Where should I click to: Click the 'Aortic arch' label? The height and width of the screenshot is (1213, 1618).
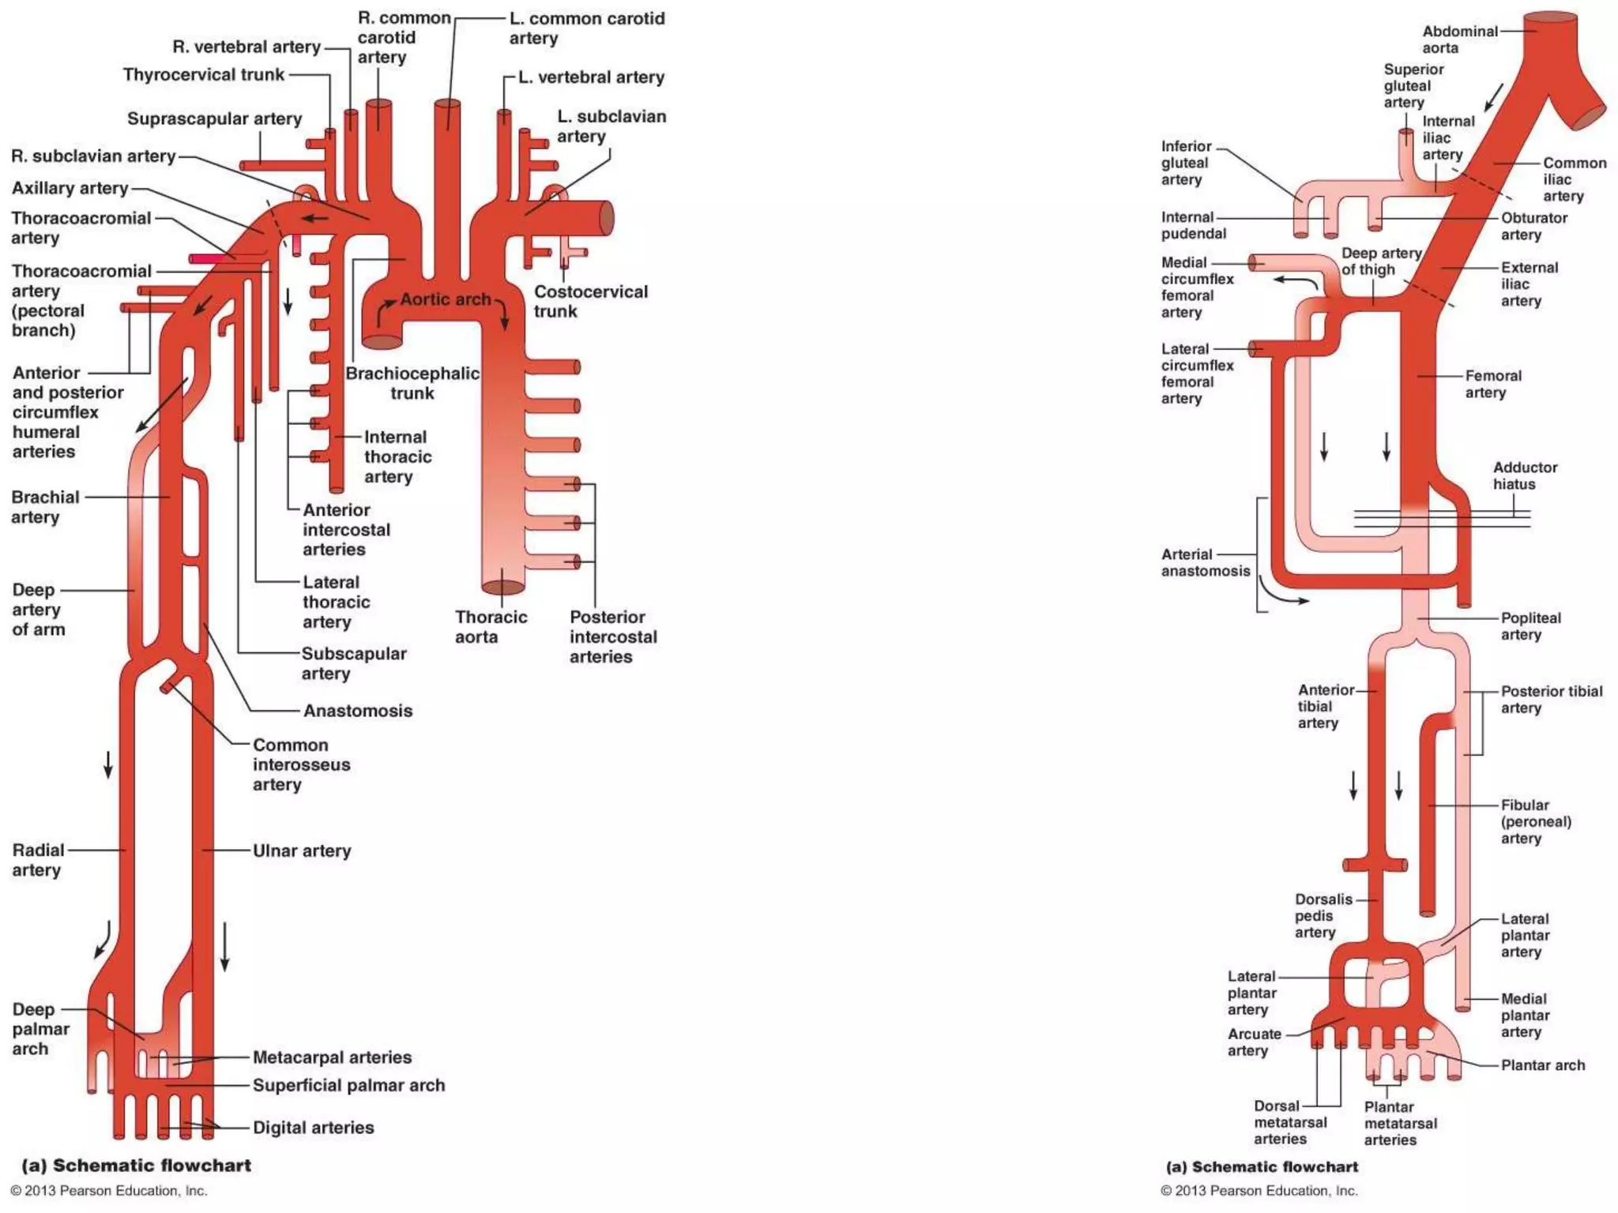point(445,299)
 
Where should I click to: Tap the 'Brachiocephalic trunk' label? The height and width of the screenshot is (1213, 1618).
point(412,383)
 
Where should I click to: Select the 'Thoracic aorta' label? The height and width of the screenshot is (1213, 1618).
point(491,627)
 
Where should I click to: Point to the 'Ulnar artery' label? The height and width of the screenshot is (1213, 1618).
point(301,851)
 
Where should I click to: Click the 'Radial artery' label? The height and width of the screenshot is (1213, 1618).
point(37,860)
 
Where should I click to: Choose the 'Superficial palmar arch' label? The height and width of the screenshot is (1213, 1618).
point(348,1085)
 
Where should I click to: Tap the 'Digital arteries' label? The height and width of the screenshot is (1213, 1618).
point(313,1128)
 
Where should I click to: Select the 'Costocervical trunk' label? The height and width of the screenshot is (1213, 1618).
point(590,301)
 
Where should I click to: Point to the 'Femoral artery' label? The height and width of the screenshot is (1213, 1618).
point(1492,384)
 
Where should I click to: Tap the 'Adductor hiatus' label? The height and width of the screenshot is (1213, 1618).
point(1524,475)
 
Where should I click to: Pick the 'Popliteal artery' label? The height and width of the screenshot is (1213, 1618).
point(1530,626)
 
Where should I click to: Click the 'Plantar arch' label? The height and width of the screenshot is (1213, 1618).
point(1542,1065)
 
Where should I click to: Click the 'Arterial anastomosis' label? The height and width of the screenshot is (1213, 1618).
point(1205,562)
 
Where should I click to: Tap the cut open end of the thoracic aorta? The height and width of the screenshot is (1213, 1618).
point(502,587)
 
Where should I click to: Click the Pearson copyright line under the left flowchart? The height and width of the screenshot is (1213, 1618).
point(109,1191)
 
